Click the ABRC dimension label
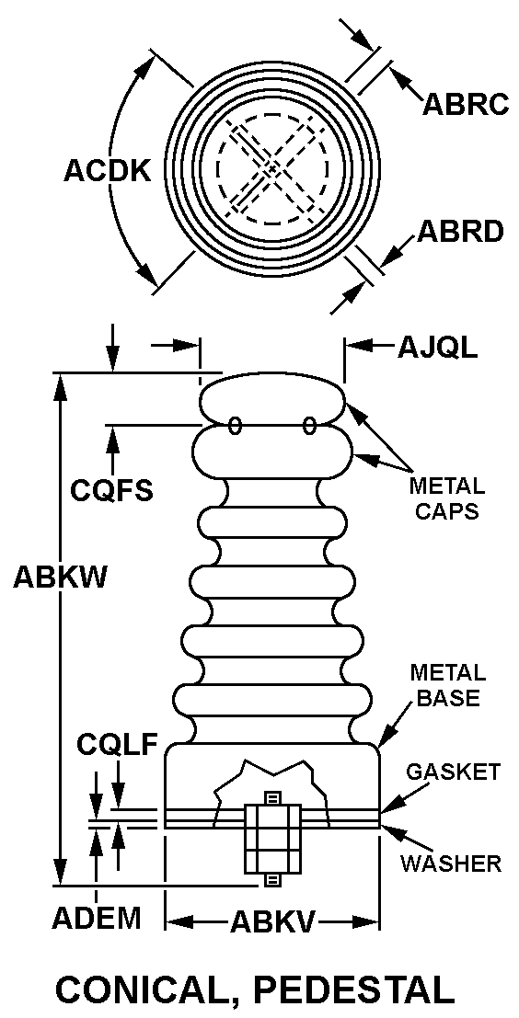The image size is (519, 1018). (466, 104)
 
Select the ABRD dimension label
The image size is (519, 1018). (460, 232)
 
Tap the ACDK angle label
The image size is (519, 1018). (107, 171)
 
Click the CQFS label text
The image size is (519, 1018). (111, 489)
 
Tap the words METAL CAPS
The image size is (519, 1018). (446, 498)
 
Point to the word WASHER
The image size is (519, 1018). (451, 863)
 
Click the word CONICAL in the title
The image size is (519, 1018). (147, 989)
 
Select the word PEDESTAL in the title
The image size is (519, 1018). (354, 989)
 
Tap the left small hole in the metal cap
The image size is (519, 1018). (236, 425)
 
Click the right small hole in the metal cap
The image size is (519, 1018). (309, 425)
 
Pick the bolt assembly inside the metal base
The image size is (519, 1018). (272, 839)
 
